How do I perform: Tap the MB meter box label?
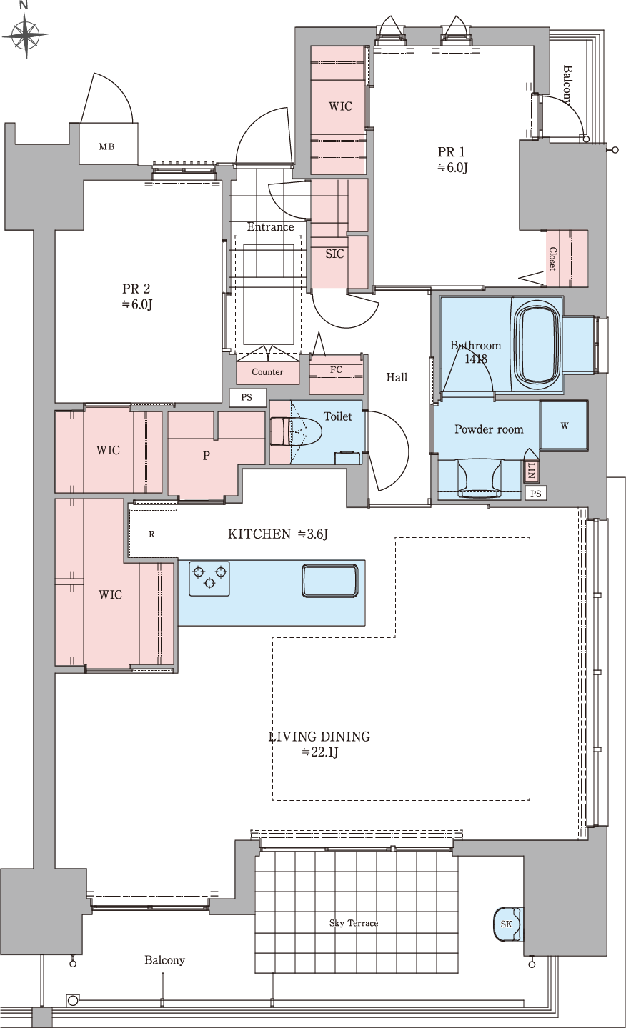click(x=106, y=147)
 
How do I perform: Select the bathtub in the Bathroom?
click(x=537, y=343)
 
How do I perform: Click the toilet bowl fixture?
click(x=296, y=431)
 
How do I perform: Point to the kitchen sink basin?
click(x=330, y=581)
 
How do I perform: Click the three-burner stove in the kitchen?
click(x=209, y=578)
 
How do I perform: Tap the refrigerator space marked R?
click(x=152, y=534)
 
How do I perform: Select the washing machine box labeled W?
click(x=564, y=426)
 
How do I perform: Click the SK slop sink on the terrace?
click(x=507, y=924)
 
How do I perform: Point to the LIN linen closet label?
click(x=532, y=471)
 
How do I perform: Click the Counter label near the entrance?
click(x=267, y=371)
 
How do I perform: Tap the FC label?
click(x=336, y=369)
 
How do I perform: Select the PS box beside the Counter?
click(x=247, y=397)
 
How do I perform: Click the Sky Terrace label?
click(x=354, y=923)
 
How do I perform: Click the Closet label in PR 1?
click(x=553, y=259)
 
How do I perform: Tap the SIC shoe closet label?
click(x=334, y=254)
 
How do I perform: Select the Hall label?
click(x=397, y=377)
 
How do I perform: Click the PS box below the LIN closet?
click(x=536, y=494)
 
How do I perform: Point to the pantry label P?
click(x=207, y=455)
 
